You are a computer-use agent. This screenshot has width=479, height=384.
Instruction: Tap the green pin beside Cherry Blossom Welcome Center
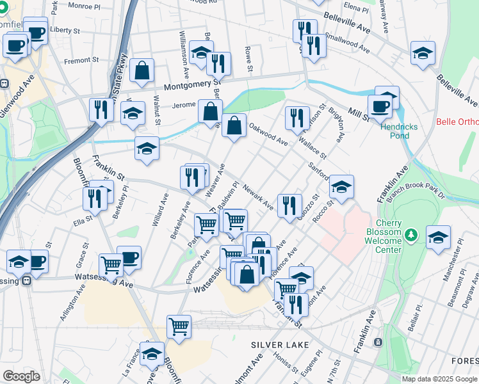click(x=414, y=236)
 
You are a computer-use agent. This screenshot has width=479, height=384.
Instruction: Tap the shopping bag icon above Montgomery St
click(x=142, y=70)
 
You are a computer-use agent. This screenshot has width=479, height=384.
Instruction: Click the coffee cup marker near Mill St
click(x=380, y=107)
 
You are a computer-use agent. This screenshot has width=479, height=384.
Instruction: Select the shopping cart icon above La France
click(x=179, y=326)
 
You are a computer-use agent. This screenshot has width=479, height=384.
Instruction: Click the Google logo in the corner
click(x=21, y=376)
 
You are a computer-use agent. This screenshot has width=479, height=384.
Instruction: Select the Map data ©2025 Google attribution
click(x=439, y=378)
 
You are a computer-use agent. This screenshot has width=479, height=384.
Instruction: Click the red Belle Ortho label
click(x=457, y=122)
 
